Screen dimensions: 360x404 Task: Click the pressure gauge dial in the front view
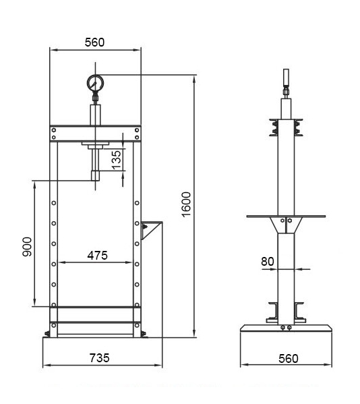pyautogui.click(x=95, y=83)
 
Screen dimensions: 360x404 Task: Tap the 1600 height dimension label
pyautogui.click(x=186, y=204)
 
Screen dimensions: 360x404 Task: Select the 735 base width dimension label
pyautogui.click(x=99, y=358)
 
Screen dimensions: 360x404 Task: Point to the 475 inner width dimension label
pyautogui.click(x=97, y=256)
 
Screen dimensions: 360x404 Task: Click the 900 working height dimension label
pyautogui.click(x=27, y=247)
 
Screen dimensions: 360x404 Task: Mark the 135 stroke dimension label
pyautogui.click(x=117, y=160)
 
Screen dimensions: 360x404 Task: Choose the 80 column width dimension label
pyautogui.click(x=268, y=262)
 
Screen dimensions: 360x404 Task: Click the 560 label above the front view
pyautogui.click(x=95, y=42)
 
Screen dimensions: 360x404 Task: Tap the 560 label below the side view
pyautogui.click(x=289, y=358)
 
